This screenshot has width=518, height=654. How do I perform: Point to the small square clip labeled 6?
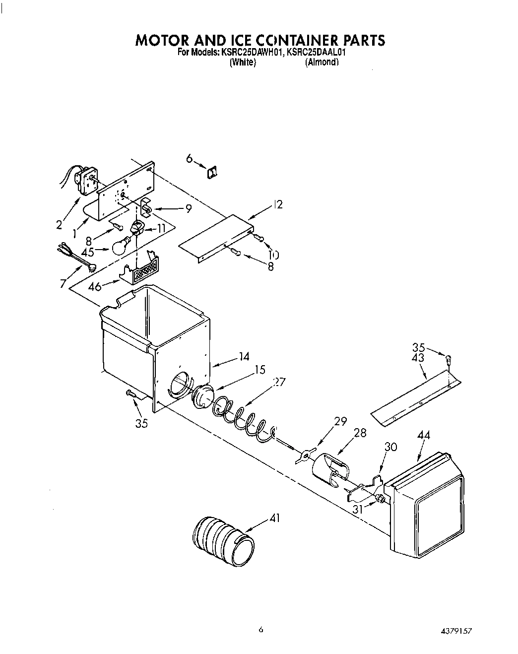click(x=212, y=172)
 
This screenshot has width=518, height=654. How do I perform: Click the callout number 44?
click(x=424, y=435)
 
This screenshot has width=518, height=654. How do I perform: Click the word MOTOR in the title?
click(x=164, y=40)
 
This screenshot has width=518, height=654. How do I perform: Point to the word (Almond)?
click(x=322, y=63)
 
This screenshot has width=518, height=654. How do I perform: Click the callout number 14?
click(x=244, y=356)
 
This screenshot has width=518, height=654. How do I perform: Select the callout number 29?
click(x=340, y=422)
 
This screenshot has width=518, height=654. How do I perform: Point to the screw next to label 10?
click(x=258, y=239)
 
